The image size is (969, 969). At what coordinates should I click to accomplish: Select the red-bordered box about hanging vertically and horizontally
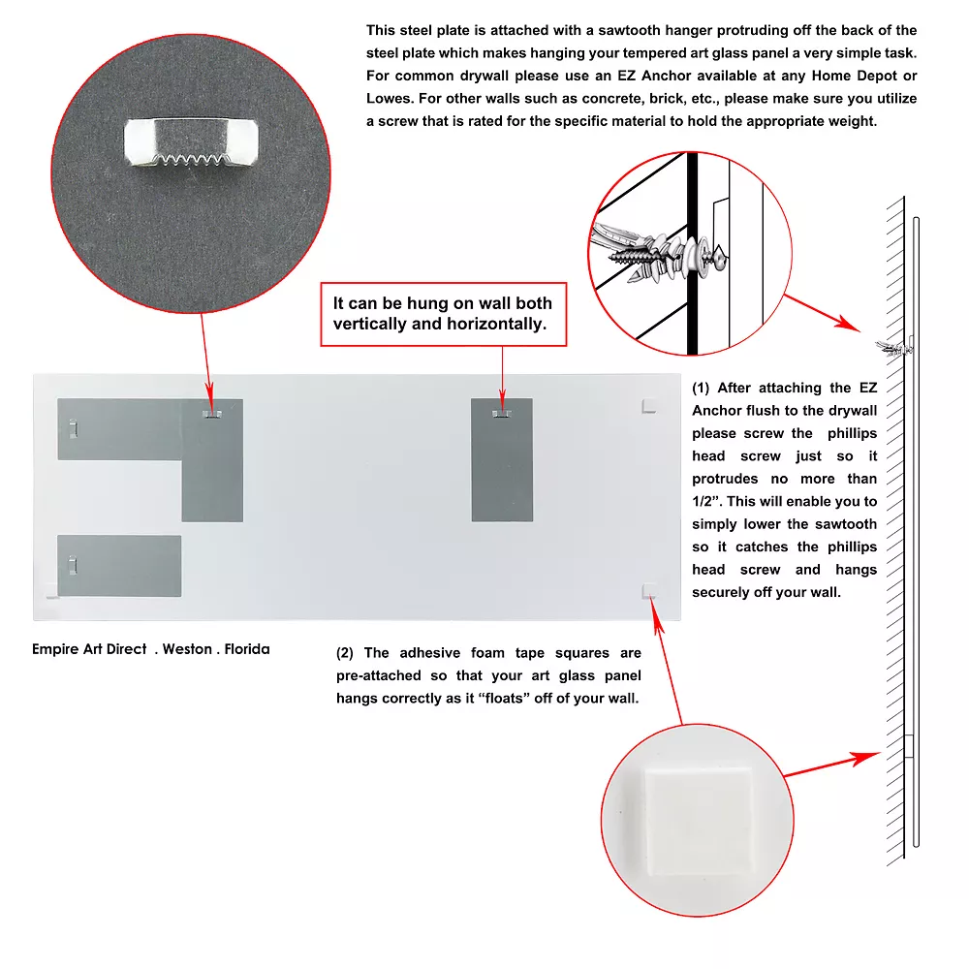(x=444, y=314)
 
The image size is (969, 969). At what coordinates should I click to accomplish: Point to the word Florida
(x=247, y=649)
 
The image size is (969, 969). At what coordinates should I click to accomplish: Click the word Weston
(x=187, y=649)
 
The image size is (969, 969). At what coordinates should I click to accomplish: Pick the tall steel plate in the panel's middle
(x=501, y=459)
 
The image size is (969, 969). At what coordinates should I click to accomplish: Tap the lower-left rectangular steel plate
(x=119, y=565)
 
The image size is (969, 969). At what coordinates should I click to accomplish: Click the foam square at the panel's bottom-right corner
(x=648, y=589)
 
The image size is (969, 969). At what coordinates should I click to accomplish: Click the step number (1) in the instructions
(x=701, y=388)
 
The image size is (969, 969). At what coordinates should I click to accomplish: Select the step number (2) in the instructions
(x=345, y=653)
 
